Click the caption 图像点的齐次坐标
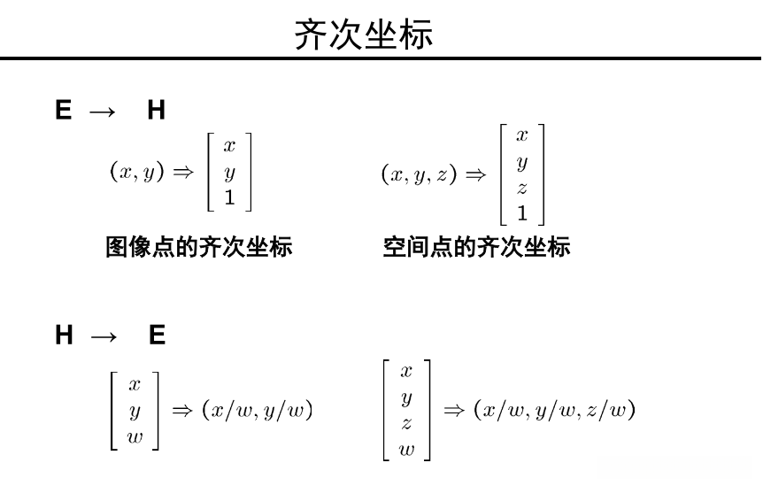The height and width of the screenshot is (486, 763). coord(199,246)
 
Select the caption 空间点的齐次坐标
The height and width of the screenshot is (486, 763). coord(476,246)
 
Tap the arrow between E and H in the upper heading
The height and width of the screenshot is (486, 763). coord(103,111)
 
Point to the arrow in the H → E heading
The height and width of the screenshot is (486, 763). coord(103,336)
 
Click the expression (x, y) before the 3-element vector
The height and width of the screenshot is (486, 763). coord(137,172)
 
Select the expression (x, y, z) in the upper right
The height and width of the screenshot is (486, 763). coord(419,174)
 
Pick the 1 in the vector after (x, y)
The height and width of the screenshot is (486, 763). coord(229,198)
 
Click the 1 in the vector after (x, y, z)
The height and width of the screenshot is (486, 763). coord(522,212)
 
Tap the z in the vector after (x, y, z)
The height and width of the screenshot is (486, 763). coord(522,188)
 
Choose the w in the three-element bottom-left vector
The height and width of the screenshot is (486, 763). coord(135,436)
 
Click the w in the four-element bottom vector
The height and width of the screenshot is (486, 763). coord(406,449)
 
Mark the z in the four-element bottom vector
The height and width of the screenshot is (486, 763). coord(406,423)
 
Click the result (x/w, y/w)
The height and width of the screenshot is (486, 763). coord(258,410)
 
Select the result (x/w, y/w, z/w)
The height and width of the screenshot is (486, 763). coord(554,410)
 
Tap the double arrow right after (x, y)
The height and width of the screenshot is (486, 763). coord(182,173)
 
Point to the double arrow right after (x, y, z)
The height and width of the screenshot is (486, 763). coord(475,174)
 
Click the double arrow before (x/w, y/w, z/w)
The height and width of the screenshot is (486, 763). coord(453,410)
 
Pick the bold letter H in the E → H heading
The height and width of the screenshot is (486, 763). coord(156,111)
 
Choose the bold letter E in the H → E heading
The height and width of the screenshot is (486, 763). coord(157,336)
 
